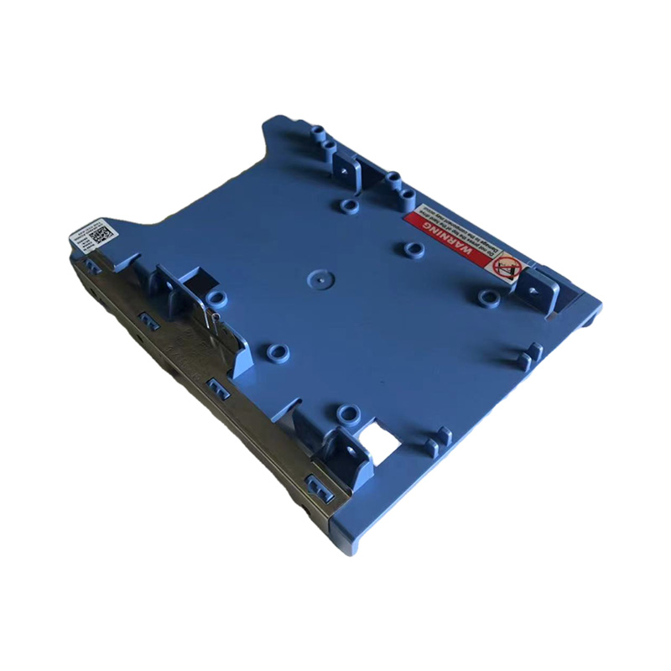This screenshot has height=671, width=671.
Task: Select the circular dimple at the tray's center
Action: (317, 275)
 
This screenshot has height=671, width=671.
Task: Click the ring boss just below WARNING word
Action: (411, 249)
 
